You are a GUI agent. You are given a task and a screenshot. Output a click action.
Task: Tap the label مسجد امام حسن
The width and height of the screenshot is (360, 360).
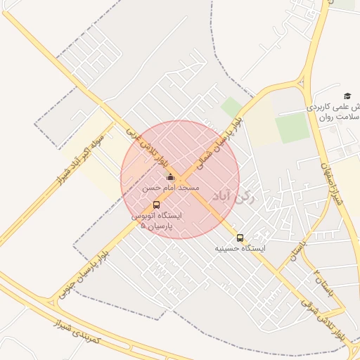pyautogui.click(x=171, y=188)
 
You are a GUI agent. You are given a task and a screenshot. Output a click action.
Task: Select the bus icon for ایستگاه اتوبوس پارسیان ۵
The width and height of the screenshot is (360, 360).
pyautogui.click(x=156, y=205)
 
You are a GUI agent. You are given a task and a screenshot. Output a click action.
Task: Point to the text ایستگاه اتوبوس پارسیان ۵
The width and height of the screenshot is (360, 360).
pyautogui.click(x=156, y=221)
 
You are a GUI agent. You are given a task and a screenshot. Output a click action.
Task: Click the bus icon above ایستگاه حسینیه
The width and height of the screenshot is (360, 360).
pyautogui.click(x=240, y=238)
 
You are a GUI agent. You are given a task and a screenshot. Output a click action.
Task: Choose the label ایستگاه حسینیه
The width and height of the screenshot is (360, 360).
pyautogui.click(x=243, y=249)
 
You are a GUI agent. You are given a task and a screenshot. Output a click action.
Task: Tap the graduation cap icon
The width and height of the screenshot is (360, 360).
pyautogui.click(x=347, y=96)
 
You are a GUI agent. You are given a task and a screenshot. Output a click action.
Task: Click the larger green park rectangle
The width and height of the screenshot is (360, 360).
pyautogui.click(x=292, y=128)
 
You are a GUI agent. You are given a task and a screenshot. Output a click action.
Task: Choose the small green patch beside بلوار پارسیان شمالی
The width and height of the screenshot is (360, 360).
pyautogui.click(x=231, y=107)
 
